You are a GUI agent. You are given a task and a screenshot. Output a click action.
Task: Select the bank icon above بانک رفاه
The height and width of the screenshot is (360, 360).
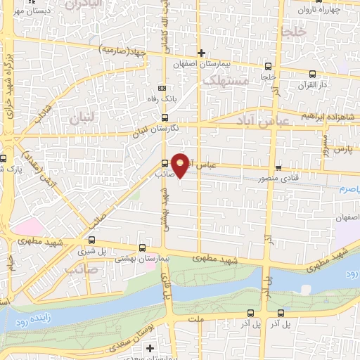click(x=163, y=89)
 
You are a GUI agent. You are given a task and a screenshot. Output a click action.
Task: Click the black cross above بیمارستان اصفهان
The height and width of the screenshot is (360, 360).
click(x=202, y=53)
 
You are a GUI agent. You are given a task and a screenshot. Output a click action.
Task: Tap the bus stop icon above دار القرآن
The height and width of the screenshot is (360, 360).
click(x=312, y=73)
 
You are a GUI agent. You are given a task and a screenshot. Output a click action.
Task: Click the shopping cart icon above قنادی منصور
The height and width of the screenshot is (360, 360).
click(x=279, y=168)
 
